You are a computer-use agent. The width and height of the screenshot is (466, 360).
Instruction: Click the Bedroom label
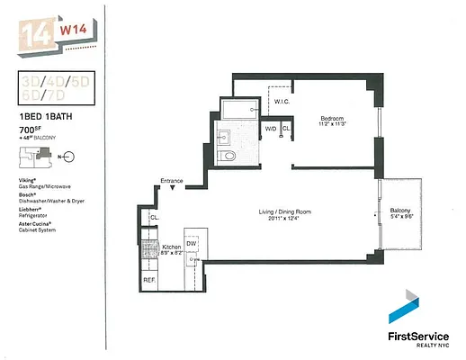(x=333, y=118)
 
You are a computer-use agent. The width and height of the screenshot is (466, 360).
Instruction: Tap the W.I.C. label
(x=279, y=101)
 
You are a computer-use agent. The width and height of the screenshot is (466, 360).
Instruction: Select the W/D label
(x=270, y=130)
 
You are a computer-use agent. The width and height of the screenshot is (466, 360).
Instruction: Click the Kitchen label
(x=171, y=246)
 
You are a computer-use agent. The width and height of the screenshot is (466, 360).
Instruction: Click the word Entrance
(x=172, y=182)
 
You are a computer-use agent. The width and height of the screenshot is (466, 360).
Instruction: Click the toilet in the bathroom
(x=229, y=156)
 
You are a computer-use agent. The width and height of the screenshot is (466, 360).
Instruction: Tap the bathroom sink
(x=223, y=137)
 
